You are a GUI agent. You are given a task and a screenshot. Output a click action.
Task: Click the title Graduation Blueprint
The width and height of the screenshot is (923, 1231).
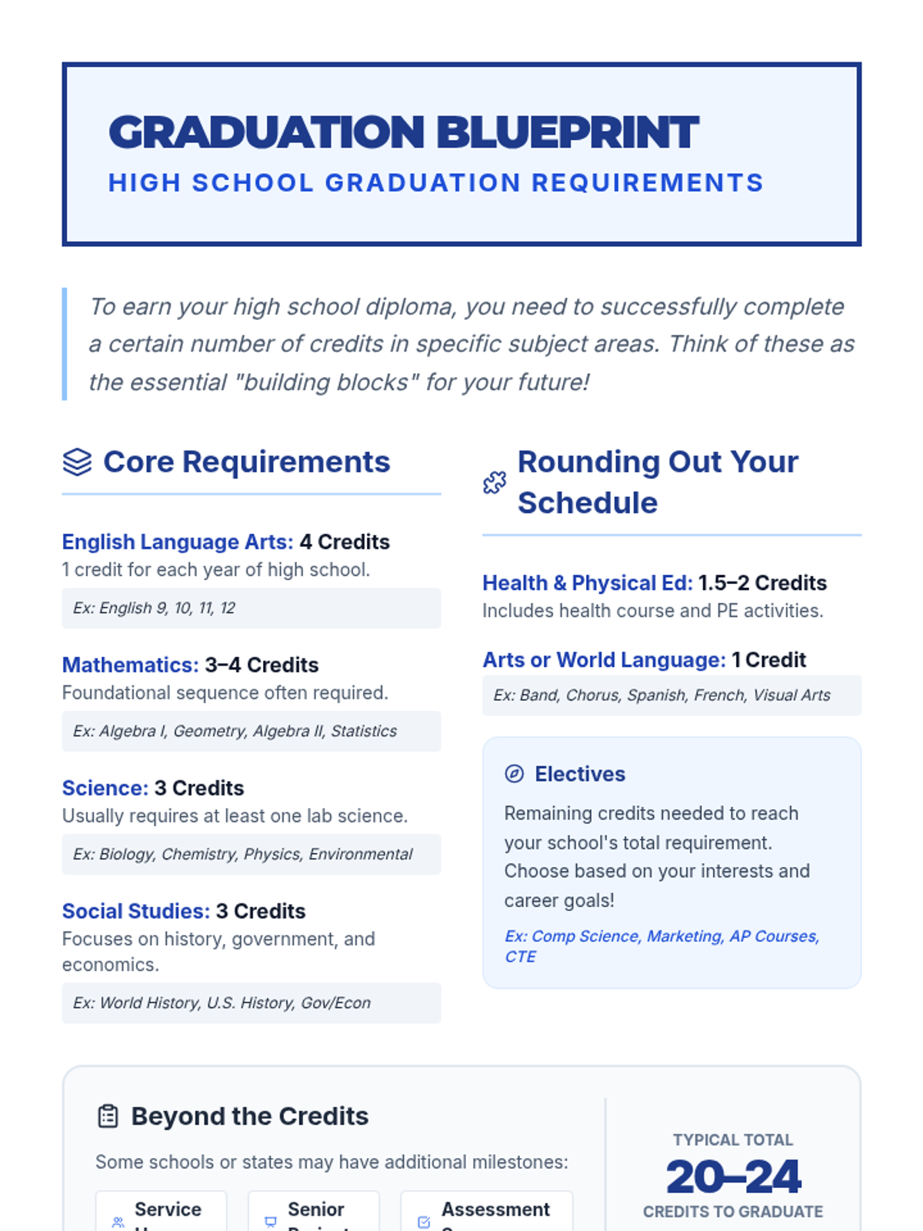pyautogui.click(x=404, y=132)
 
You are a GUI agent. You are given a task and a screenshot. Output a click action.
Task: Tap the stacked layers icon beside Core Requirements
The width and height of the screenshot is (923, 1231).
pyautogui.click(x=77, y=462)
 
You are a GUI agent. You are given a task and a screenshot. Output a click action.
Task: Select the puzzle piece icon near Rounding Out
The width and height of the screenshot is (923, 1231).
pyautogui.click(x=495, y=482)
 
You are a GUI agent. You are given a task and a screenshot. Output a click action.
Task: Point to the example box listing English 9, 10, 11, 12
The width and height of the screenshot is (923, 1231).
pyautogui.click(x=251, y=608)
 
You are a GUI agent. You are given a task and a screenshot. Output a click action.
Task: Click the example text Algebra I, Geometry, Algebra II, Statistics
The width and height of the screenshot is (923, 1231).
pyautogui.click(x=235, y=731)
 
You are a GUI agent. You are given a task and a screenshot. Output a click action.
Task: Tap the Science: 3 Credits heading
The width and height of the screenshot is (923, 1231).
pyautogui.click(x=153, y=788)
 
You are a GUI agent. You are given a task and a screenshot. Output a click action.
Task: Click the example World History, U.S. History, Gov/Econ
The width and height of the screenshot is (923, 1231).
pyautogui.click(x=222, y=1002)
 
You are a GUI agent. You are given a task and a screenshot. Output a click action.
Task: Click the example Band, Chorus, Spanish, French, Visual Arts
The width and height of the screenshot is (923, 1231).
pyautogui.click(x=661, y=695)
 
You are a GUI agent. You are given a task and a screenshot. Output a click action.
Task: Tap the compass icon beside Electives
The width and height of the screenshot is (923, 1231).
pyautogui.click(x=514, y=774)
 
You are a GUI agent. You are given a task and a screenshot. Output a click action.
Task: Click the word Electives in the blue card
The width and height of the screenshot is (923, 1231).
pyautogui.click(x=580, y=774)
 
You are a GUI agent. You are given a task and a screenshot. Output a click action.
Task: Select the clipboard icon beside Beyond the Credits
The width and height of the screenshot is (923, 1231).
pyautogui.click(x=108, y=1116)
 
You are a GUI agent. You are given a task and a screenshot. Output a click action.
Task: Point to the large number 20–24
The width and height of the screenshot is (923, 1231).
pyautogui.click(x=733, y=1176)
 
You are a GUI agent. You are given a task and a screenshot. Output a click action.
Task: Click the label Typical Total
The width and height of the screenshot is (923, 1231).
pyautogui.click(x=733, y=1139)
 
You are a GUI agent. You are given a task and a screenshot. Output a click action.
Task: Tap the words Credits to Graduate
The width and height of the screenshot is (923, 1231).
pyautogui.click(x=733, y=1212)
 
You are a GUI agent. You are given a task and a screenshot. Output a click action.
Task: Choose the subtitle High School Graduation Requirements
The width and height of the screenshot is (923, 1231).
pyautogui.click(x=435, y=183)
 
